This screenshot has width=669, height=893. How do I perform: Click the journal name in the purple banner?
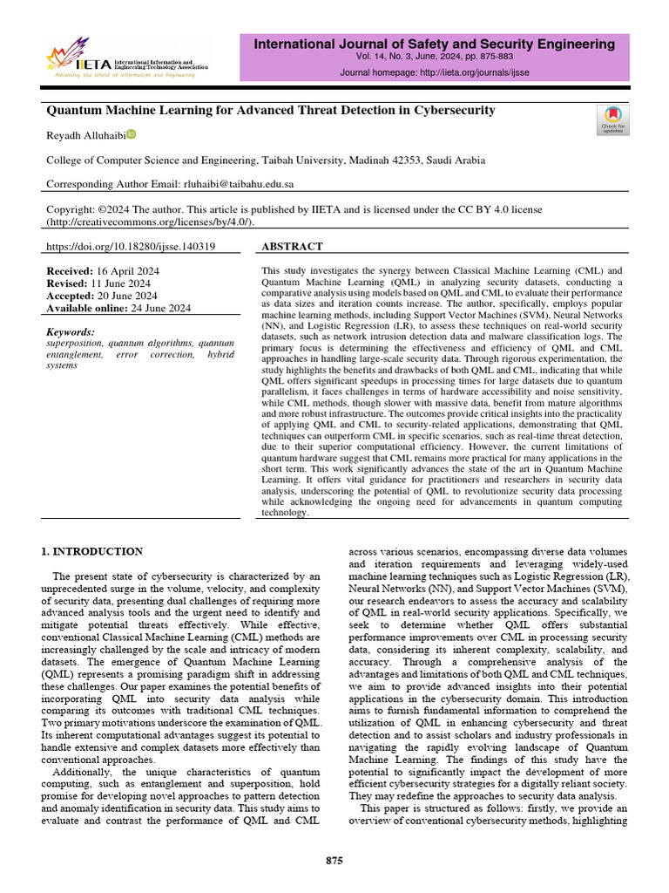434,44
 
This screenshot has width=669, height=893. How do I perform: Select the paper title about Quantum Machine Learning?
270,111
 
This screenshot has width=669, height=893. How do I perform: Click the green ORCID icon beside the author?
132,134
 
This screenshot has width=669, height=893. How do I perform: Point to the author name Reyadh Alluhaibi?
85,135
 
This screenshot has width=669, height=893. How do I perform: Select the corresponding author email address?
236,184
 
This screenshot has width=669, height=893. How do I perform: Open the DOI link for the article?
130,247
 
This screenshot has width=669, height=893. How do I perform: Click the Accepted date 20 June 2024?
128,297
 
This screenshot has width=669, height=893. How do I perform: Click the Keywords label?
70,332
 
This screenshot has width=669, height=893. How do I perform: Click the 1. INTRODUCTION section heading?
92,551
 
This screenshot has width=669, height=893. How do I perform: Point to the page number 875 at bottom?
334,861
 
